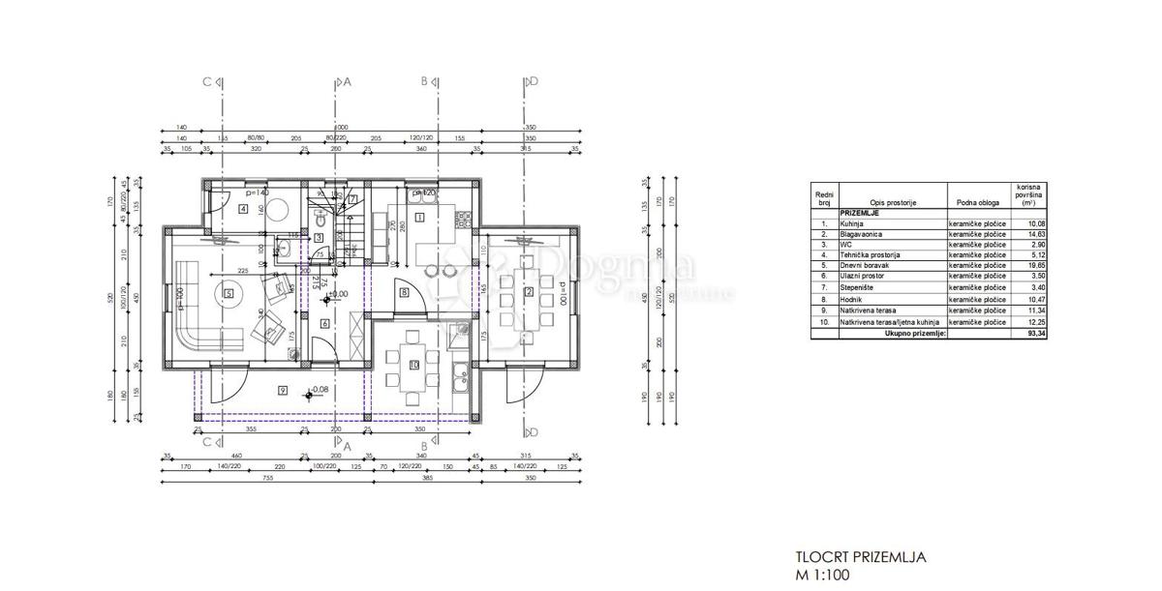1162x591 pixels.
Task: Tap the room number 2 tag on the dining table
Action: pyautogui.click(x=529, y=292)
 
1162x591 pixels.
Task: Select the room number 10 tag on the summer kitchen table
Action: pyautogui.click(x=413, y=365)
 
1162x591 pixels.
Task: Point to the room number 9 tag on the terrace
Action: pyautogui.click(x=281, y=391)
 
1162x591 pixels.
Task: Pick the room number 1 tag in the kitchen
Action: pyautogui.click(x=418, y=218)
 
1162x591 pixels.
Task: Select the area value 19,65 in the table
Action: pyautogui.click(x=1024, y=264)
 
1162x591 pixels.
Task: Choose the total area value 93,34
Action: pyautogui.click(x=1024, y=333)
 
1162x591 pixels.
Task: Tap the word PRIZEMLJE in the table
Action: pyautogui.click(x=860, y=213)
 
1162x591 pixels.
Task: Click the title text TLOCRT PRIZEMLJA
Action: pyautogui.click(x=861, y=557)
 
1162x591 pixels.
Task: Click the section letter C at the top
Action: pyautogui.click(x=206, y=83)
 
